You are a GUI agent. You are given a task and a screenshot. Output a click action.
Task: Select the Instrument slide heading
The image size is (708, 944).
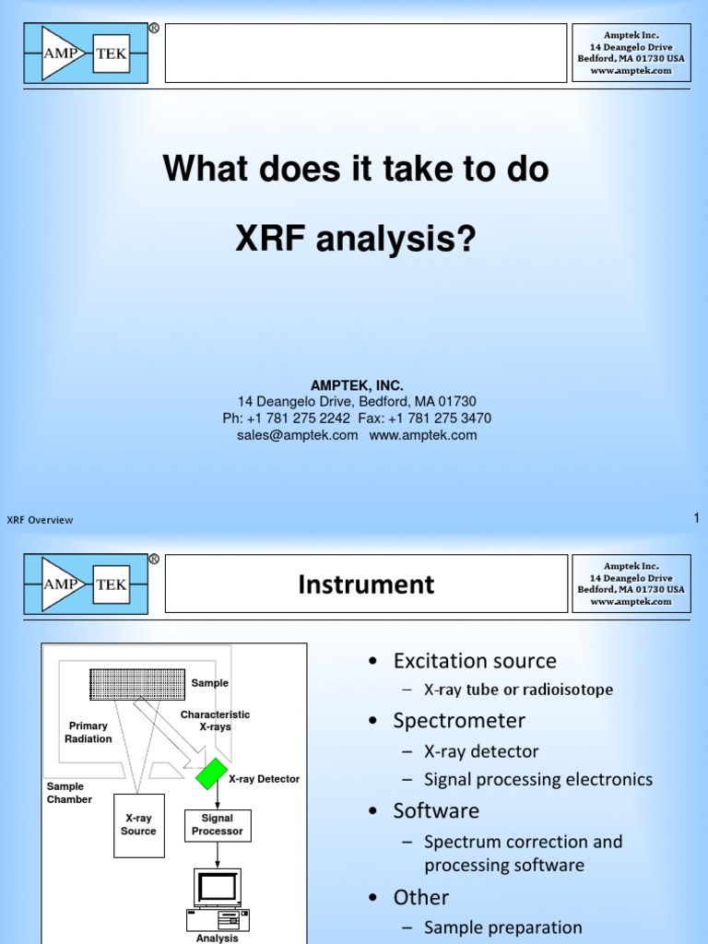366,584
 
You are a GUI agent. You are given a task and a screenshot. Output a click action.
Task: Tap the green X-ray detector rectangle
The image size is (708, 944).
211,773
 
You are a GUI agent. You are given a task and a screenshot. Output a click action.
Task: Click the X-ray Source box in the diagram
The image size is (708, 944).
138,825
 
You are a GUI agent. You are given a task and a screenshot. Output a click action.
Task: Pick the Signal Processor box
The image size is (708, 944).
218,825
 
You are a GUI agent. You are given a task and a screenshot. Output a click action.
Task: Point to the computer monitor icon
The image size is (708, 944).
217,886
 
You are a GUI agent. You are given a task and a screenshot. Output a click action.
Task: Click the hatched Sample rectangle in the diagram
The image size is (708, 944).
137,684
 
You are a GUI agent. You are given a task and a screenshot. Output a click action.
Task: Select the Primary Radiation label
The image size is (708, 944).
88,732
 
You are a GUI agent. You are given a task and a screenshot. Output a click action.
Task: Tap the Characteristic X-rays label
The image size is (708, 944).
215,721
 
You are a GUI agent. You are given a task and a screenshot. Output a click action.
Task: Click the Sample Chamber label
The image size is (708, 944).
69,793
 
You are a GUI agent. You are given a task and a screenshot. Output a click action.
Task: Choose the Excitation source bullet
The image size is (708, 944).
475,661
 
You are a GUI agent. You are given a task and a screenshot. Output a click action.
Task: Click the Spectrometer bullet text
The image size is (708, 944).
459,721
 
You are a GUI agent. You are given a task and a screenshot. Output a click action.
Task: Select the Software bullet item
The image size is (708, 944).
436,811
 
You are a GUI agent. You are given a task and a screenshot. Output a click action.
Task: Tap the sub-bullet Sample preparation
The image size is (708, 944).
502,927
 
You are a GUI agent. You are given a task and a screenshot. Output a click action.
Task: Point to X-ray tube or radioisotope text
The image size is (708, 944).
518,690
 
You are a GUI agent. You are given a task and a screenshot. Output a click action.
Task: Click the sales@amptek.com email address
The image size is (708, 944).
297,435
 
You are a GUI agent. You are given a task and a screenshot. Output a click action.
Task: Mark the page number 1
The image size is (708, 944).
696,519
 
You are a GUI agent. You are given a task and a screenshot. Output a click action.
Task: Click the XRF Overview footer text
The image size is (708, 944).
40,520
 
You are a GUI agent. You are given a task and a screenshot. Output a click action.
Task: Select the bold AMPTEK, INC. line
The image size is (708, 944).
357,385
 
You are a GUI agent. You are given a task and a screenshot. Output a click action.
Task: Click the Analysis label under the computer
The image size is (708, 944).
217,938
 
